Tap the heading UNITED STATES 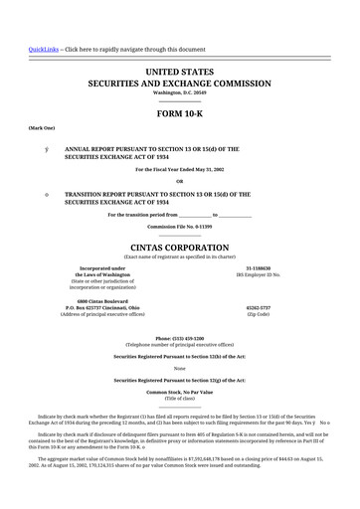coord(179,73)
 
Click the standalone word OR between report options coord(179,180)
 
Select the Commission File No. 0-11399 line coord(179,227)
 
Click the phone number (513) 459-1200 coord(179,334)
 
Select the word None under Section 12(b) coord(179,368)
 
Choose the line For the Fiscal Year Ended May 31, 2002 coord(179,169)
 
